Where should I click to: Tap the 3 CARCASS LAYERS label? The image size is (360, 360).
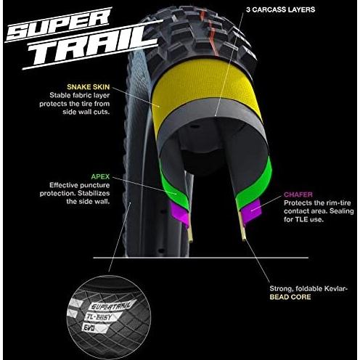tap(280, 9)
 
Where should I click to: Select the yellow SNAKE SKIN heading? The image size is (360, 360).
tap(89, 87)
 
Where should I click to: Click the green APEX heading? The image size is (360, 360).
tap(100, 176)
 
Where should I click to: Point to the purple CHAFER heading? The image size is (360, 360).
tap(298, 195)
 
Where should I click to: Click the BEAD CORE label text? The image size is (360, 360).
tap(290, 297)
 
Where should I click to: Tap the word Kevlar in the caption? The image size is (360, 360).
tap(335, 289)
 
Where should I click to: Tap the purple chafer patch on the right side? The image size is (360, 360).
tap(252, 210)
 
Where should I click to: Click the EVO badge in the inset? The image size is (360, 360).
tap(92, 328)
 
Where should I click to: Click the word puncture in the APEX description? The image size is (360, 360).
tap(94, 185)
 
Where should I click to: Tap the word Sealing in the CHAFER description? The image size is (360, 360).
tap(342, 211)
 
